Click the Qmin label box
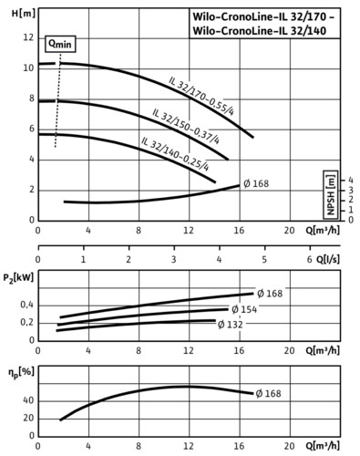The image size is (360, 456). pyautogui.click(x=60, y=45)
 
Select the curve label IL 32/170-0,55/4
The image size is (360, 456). pyautogui.click(x=201, y=96)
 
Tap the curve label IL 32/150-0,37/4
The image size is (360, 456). pyautogui.click(x=186, y=126)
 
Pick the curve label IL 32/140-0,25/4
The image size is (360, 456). pyautogui.click(x=175, y=154)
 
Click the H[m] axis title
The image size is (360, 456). pyautogui.click(x=24, y=14)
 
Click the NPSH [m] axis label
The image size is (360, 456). pyautogui.click(x=330, y=194)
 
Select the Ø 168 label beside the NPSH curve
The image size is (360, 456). pyautogui.click(x=256, y=183)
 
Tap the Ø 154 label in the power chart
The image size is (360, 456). pyautogui.click(x=244, y=309)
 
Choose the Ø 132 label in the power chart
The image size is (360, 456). pyautogui.click(x=231, y=325)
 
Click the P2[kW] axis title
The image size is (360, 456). pyautogui.click(x=18, y=277)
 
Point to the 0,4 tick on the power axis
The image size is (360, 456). pyautogui.click(x=27, y=305)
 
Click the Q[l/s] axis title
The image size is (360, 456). pyautogui.click(x=328, y=259)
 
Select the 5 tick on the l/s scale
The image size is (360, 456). pyautogui.click(x=264, y=260)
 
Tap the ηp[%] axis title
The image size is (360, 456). pyautogui.click(x=21, y=373)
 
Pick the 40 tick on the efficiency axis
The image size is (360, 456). pyautogui.click(x=28, y=400)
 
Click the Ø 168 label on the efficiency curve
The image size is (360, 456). pyautogui.click(x=268, y=394)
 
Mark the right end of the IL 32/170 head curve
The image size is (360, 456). pyautogui.click(x=253, y=137)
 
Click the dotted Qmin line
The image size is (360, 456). pyautogui.click(x=58, y=100)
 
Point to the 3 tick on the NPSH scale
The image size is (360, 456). pyautogui.click(x=351, y=191)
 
